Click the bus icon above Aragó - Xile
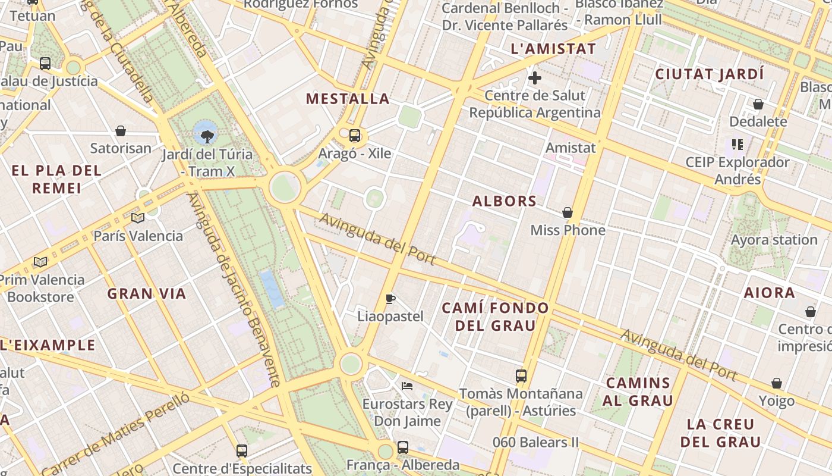point(355,135)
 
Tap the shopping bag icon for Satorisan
point(121,130)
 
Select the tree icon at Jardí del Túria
point(207,137)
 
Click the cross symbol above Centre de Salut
point(535,77)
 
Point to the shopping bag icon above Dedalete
point(758,104)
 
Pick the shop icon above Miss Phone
point(568,212)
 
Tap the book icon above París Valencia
point(138,218)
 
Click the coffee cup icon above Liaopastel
point(390,299)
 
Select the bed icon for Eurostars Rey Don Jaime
point(407,386)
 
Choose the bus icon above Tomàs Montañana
point(521,376)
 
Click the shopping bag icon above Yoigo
point(777,383)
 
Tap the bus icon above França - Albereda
point(403,447)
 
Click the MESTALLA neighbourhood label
point(348,99)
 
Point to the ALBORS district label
point(505,201)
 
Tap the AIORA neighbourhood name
point(770,293)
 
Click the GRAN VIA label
point(147,293)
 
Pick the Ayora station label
point(774,240)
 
